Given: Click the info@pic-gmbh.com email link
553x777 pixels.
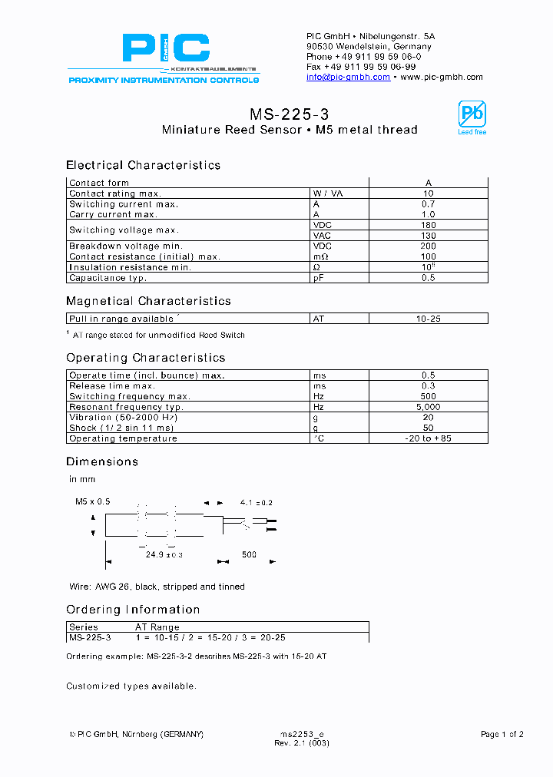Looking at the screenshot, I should coord(348,78).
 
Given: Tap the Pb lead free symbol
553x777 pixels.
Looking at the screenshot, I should coord(472,116).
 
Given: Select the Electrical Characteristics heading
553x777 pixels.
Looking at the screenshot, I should coord(143,165).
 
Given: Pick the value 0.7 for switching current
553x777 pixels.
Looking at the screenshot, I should coord(428,204).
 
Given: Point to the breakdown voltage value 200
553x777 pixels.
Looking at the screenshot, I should coord(428,246).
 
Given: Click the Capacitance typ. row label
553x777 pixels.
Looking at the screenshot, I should coord(108,278).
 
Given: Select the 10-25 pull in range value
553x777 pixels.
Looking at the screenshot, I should coord(428,318).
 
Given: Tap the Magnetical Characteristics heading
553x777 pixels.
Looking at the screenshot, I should coord(148,301).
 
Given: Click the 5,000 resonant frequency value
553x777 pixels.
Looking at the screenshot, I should coord(428,407).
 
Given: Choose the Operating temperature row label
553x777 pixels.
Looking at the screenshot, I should coord(123,438).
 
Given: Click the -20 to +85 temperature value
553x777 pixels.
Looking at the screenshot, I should coord(428,438).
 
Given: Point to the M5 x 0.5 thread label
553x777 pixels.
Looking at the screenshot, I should coord(92,501).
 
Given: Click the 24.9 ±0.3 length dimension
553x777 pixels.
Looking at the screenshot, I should coord(164,554).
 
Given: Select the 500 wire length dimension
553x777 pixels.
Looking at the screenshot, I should coord(249,554).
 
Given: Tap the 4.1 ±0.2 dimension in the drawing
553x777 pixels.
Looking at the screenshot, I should coord(256,502).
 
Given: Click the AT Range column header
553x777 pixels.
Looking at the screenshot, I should coord(157,627).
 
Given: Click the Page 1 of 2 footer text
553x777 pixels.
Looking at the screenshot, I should coord(502,735).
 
